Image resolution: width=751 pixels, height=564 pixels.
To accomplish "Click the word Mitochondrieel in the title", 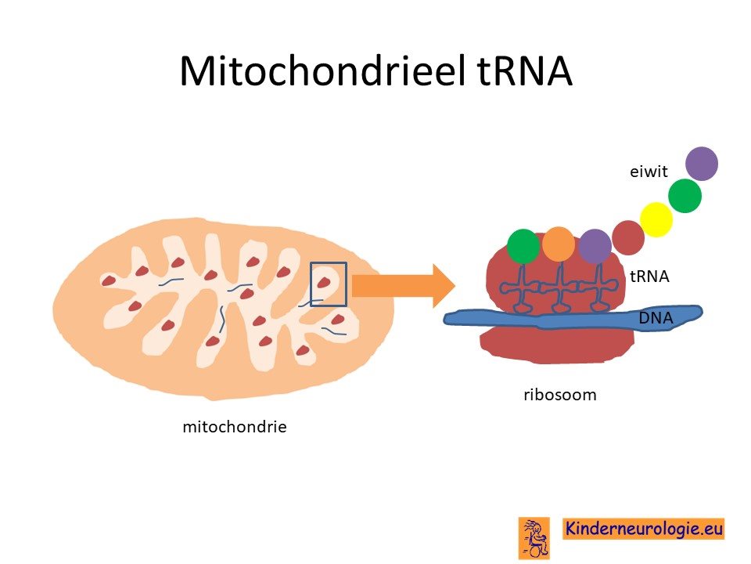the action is [323, 71].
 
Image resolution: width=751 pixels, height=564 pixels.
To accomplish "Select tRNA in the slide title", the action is [525, 71].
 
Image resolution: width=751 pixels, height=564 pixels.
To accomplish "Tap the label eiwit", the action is [649, 172].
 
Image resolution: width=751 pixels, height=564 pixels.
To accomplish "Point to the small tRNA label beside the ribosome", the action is [649, 277].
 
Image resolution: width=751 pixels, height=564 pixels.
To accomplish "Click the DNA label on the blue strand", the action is [656, 317].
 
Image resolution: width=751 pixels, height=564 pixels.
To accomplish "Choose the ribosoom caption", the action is [560, 395].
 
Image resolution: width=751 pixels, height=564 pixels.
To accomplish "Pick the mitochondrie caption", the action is [235, 426].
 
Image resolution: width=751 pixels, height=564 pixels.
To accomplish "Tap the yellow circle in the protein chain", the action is [656, 219].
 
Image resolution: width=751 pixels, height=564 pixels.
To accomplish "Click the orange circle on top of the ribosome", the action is [559, 244].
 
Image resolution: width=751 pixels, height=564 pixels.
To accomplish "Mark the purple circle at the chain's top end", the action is [702, 164].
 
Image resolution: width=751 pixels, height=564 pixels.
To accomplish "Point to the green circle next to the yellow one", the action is [685, 196].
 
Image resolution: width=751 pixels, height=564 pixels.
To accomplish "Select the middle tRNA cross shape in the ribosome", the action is [559, 287].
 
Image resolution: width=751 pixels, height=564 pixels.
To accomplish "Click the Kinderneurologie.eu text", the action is [643, 529].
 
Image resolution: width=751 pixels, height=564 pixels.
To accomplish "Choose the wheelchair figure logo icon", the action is [534, 537].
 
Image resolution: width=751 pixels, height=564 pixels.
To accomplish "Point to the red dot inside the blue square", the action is [324, 282].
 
